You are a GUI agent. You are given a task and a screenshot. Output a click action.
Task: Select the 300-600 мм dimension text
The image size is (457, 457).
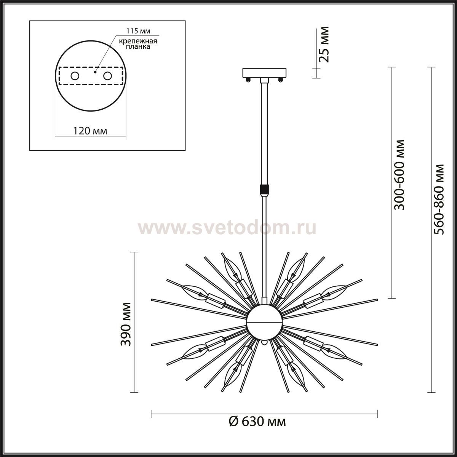click(x=399, y=175)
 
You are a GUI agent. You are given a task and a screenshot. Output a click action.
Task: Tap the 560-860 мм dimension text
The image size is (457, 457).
click(x=438, y=199)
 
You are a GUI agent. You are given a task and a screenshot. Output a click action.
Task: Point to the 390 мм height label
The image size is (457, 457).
click(x=125, y=324)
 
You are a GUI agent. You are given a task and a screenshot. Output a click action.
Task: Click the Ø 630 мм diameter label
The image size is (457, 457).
click(x=257, y=422)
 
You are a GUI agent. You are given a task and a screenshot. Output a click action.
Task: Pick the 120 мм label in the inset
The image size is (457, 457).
click(x=90, y=131)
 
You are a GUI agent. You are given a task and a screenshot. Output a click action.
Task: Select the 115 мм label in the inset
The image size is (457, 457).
click(x=138, y=31)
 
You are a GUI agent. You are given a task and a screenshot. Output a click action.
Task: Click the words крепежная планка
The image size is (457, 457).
click(x=138, y=44)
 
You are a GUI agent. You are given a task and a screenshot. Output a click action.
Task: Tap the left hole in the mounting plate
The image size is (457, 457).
click(x=75, y=76)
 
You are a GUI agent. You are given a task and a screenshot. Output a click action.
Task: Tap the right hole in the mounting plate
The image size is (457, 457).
click(x=107, y=76)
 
